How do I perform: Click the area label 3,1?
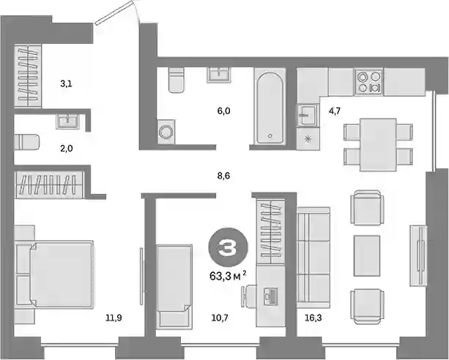(x=66, y=84)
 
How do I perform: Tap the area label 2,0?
(x=67, y=149)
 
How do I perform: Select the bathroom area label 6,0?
(x=223, y=110)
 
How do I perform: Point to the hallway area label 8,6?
(x=223, y=176)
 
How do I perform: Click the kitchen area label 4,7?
(x=334, y=110)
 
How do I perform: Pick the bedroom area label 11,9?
(x=114, y=318)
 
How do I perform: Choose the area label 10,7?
(x=220, y=318)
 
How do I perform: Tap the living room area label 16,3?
(x=313, y=318)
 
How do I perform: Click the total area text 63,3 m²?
(x=228, y=277)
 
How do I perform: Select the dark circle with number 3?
(x=228, y=247)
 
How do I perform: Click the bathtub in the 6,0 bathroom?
(x=270, y=108)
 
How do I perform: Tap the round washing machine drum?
(x=166, y=132)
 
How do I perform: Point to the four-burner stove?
(x=368, y=82)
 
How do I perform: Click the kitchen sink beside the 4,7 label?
(x=308, y=115)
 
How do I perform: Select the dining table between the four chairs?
(x=378, y=145)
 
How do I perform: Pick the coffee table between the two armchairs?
(x=367, y=255)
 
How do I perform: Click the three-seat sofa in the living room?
(x=313, y=258)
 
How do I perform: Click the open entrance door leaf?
(x=115, y=12)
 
